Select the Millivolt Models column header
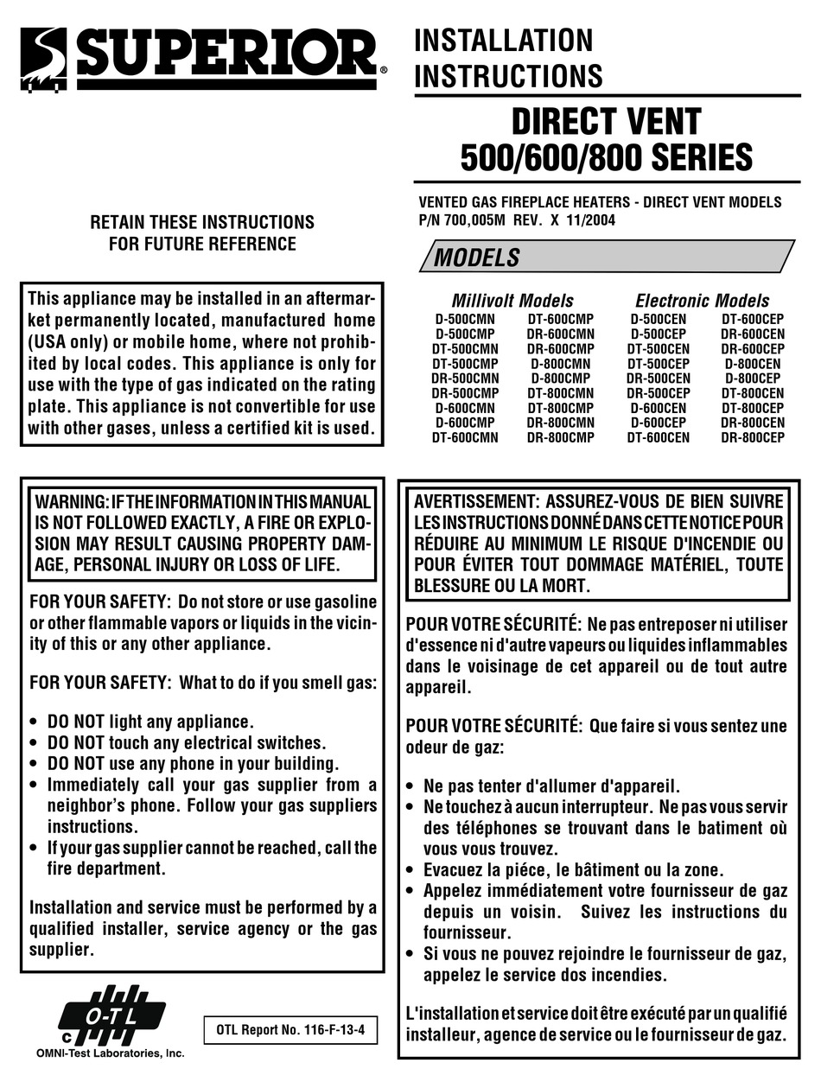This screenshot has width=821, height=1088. (512, 301)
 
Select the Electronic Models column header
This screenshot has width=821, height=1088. (702, 301)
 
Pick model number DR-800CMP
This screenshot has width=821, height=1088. (561, 438)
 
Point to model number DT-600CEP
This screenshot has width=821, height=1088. (753, 317)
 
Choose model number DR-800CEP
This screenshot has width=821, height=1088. (753, 438)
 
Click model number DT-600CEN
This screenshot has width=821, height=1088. (658, 438)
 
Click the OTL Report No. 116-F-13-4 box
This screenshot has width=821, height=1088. (290, 1031)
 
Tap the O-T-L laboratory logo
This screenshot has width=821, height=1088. (111, 1018)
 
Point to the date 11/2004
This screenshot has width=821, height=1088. (592, 220)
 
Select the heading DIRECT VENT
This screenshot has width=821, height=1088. (606, 120)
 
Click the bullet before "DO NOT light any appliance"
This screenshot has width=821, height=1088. (34, 722)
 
